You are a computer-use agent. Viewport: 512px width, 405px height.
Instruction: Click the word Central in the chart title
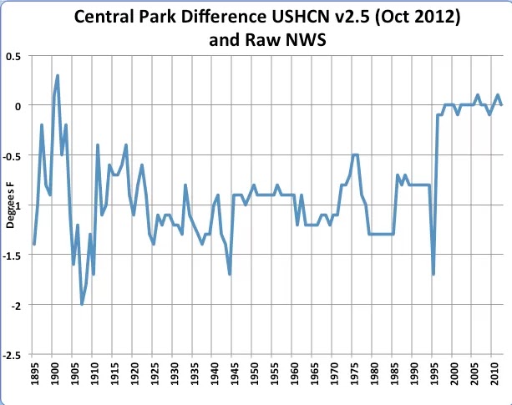tap(104, 17)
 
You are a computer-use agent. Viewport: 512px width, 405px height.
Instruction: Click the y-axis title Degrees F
tap(10, 205)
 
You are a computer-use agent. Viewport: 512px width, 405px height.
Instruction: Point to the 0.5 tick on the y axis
tap(13, 57)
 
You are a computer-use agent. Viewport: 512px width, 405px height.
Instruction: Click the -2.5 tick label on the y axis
tap(12, 355)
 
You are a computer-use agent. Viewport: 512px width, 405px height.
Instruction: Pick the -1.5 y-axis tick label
tap(12, 256)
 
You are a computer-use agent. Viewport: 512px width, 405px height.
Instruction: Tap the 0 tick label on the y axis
tap(18, 106)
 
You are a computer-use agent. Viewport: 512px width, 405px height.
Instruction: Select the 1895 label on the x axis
tap(34, 373)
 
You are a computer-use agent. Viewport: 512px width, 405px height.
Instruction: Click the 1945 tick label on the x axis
tap(234, 373)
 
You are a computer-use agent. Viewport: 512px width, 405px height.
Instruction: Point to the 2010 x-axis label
tap(494, 373)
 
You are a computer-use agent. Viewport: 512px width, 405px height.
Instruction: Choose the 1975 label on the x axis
tap(353, 373)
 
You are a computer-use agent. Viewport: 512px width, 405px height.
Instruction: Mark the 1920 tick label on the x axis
tap(134, 373)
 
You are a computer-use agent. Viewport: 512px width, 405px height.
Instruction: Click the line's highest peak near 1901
tap(58, 76)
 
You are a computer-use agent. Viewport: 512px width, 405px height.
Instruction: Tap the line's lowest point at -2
tap(82, 304)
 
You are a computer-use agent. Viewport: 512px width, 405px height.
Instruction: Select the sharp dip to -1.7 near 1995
tap(433, 274)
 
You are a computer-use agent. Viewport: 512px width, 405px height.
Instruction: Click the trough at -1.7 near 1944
tap(230, 274)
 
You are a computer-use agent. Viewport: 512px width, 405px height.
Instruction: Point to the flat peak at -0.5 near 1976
tap(355, 155)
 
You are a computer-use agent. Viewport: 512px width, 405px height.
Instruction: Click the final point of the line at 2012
tap(501, 104)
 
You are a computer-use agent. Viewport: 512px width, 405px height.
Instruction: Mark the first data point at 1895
tap(34, 244)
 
